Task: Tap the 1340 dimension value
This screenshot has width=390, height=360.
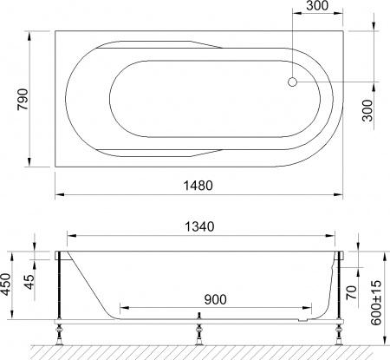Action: tap(201, 226)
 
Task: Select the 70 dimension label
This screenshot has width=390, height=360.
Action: tap(349, 292)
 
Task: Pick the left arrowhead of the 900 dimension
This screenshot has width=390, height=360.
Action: tap(123, 308)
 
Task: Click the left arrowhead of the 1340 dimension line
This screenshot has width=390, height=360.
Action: tap(71, 235)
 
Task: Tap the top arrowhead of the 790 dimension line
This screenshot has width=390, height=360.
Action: tap(32, 35)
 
